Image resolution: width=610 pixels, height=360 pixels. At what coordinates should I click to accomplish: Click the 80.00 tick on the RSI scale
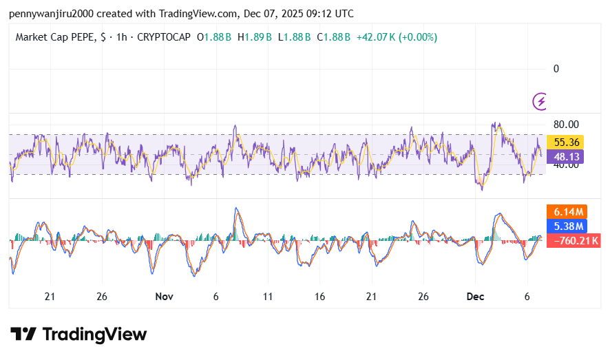(x=566, y=125)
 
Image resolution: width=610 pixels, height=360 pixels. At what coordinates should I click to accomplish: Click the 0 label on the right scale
(x=556, y=68)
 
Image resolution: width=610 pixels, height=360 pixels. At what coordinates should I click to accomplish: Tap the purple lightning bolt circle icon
(x=541, y=102)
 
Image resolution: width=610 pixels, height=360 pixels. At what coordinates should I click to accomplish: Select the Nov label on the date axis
(x=164, y=297)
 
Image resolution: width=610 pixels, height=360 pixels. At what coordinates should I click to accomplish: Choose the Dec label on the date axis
(x=475, y=297)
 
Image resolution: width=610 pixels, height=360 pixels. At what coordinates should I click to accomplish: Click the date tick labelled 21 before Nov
(x=50, y=297)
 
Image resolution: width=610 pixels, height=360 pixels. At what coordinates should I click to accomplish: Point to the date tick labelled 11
(x=267, y=297)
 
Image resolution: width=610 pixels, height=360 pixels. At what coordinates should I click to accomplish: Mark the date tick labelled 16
(x=319, y=297)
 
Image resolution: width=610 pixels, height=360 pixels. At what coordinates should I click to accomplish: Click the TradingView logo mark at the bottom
(x=23, y=335)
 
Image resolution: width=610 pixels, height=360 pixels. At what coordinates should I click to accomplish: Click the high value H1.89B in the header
(x=255, y=37)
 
